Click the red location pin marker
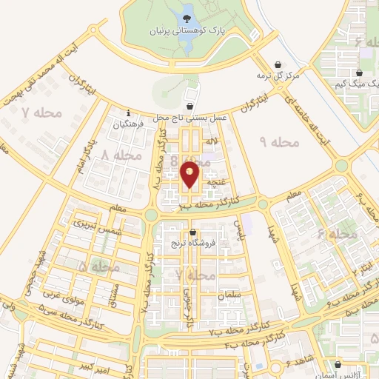pyautogui.click(x=190, y=175)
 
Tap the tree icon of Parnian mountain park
pyautogui.click(x=187, y=12)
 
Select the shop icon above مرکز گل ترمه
pyautogui.click(x=278, y=65)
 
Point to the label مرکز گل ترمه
pyautogui.click(x=278, y=76)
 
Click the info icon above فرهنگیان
pyautogui.click(x=129, y=113)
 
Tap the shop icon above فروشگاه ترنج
pyautogui.click(x=192, y=233)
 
